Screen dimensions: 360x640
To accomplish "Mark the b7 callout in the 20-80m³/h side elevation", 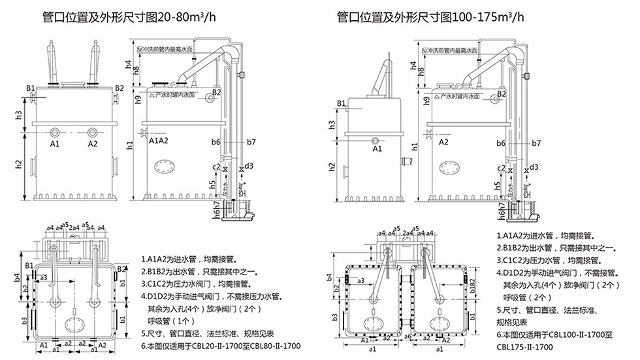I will point(251,142).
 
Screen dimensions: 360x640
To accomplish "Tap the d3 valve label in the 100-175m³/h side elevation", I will point(534,167).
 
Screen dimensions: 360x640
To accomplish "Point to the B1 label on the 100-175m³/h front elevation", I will point(342,103).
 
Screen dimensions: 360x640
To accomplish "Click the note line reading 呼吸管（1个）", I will point(172,321).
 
